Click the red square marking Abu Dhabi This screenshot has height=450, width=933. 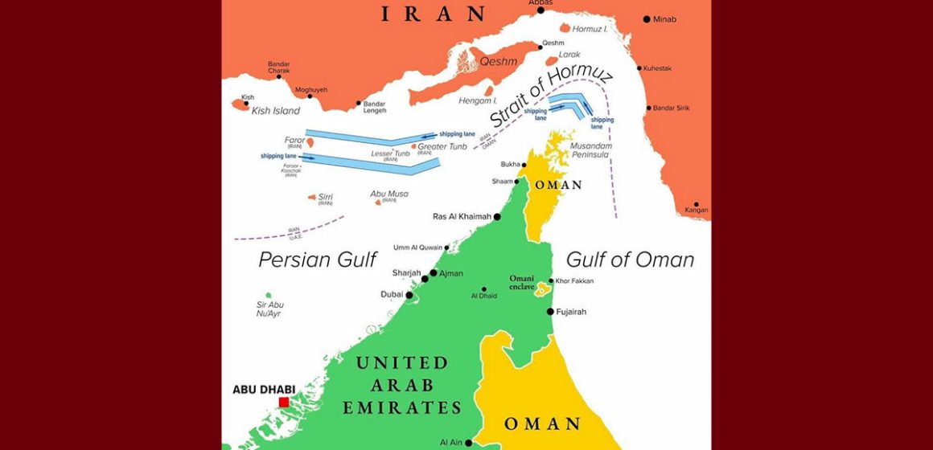(x=283, y=402)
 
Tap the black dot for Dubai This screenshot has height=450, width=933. (x=409, y=296)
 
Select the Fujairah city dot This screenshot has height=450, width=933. (x=550, y=311)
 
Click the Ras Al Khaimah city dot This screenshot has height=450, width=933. (x=497, y=217)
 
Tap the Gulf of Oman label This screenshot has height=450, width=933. (x=630, y=260)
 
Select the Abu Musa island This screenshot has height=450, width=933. (x=377, y=202)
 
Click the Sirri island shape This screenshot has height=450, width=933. (x=312, y=196)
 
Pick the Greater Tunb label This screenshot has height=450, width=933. (x=442, y=146)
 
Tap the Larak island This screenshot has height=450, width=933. (x=552, y=61)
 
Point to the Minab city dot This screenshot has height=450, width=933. (x=646, y=18)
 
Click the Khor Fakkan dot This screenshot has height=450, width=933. (x=551, y=281)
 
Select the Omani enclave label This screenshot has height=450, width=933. (x=522, y=282)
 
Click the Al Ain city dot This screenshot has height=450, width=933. (x=468, y=442)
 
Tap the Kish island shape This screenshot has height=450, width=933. (x=241, y=104)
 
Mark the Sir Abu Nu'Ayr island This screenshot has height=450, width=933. (x=268, y=295)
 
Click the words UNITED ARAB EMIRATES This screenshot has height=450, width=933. (x=402, y=386)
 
